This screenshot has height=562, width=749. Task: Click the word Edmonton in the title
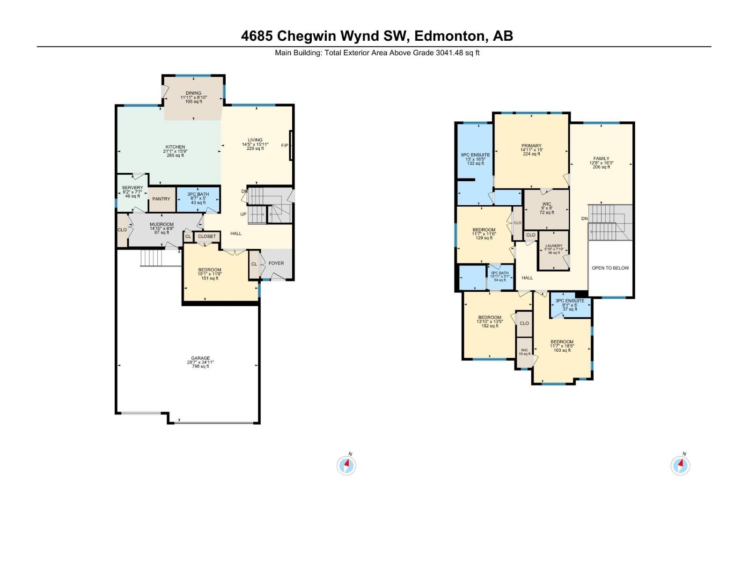click(x=449, y=36)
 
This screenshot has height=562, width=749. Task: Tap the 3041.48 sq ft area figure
click(x=457, y=53)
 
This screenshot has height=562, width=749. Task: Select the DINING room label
click(x=193, y=93)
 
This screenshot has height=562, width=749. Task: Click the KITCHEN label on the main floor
click(x=175, y=147)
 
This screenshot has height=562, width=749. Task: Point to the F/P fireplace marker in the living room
click(x=285, y=146)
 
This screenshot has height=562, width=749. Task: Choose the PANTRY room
click(x=162, y=199)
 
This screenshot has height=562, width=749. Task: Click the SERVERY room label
click(x=132, y=188)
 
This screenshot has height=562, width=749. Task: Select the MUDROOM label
click(x=162, y=225)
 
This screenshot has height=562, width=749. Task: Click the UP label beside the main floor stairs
click(x=243, y=214)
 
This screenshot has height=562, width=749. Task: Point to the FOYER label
click(x=276, y=263)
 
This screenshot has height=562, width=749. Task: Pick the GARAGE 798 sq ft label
click(x=200, y=362)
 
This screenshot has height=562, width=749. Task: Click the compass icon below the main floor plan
click(x=346, y=466)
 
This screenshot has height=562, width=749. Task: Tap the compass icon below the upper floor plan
click(x=680, y=466)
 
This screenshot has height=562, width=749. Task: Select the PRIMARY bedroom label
click(x=531, y=146)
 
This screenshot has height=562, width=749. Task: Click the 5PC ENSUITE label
click(x=475, y=155)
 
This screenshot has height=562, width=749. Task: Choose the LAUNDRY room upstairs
click(x=554, y=246)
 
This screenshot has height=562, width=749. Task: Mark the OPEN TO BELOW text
click(x=610, y=268)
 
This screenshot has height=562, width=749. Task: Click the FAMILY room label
click(x=602, y=159)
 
